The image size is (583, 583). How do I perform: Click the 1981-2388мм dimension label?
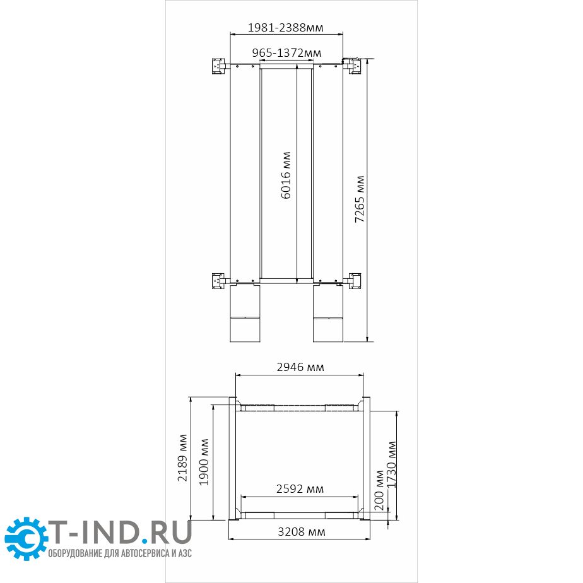[286, 28]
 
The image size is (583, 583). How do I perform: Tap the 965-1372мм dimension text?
[286, 53]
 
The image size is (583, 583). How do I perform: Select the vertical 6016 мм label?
[286, 175]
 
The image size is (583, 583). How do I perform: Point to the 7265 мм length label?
[359, 199]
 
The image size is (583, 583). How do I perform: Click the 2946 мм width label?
[300, 367]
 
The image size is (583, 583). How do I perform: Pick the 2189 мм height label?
[182, 457]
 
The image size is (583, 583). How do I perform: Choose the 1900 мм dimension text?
[204, 462]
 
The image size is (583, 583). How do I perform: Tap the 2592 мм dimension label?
[300, 488]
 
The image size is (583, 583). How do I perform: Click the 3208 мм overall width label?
[302, 532]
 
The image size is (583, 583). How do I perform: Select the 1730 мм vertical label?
[392, 464]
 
